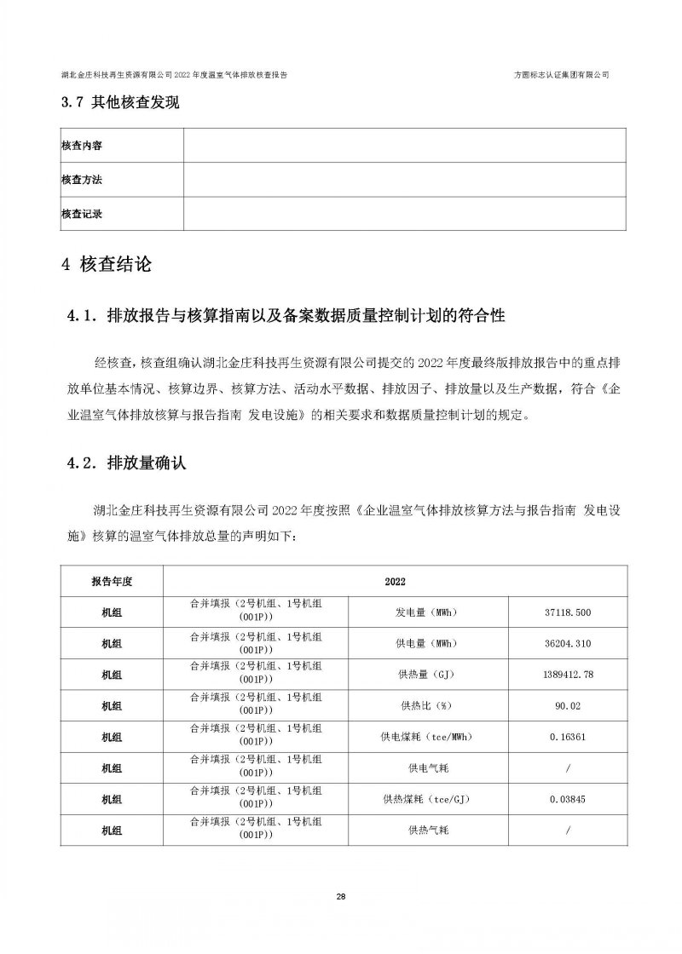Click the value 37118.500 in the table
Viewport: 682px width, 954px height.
(x=566, y=612)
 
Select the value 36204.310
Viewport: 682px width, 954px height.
(x=566, y=644)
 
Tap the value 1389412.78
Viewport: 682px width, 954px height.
(x=566, y=675)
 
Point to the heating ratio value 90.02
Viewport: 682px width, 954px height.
(x=566, y=706)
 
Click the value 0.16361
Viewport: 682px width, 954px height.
(x=566, y=737)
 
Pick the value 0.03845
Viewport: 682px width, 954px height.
(x=566, y=799)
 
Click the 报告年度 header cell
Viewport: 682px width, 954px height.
(x=112, y=581)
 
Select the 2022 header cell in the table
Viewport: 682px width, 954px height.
(x=395, y=581)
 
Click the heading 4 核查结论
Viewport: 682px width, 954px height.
(x=107, y=265)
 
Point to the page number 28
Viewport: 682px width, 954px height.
(x=341, y=897)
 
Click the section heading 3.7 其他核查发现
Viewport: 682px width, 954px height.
(x=120, y=103)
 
